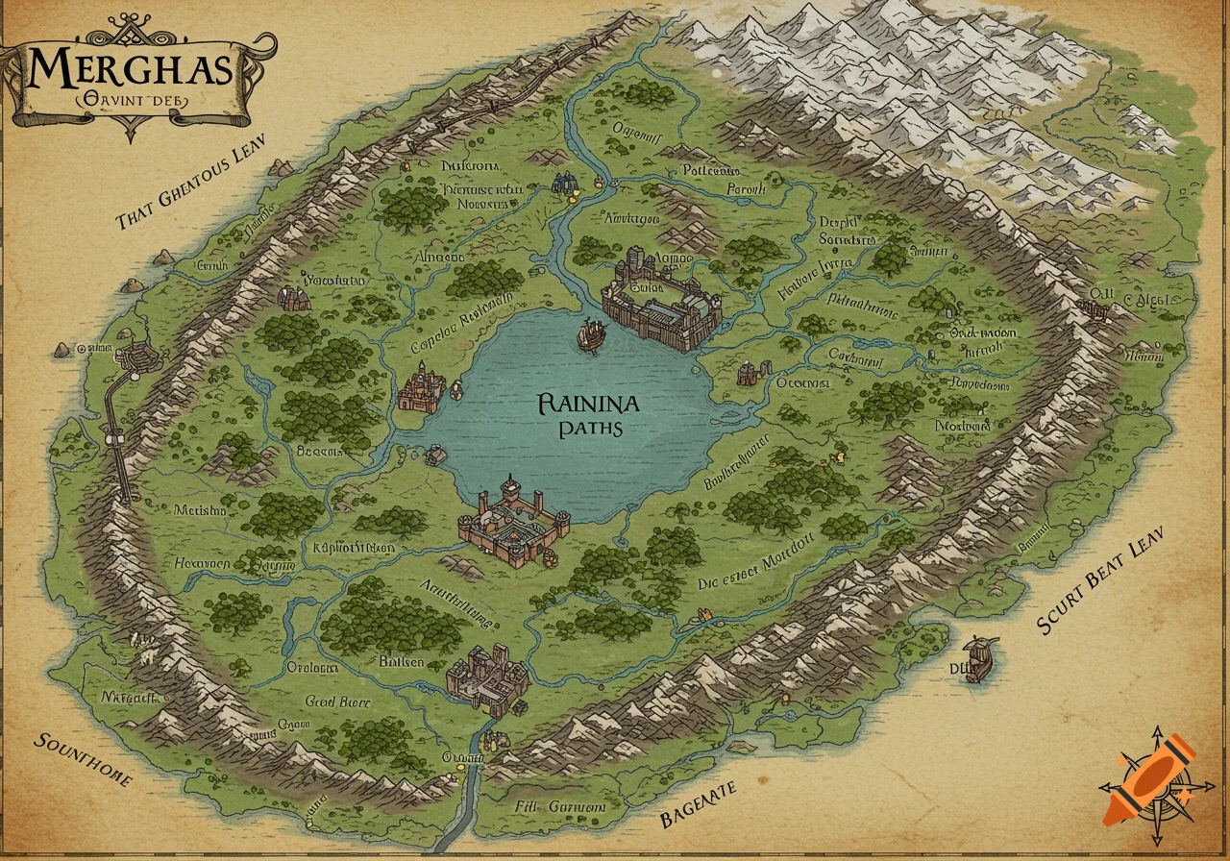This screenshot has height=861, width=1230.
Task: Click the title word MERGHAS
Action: (x=130, y=69)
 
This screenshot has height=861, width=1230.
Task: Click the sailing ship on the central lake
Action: (x=592, y=333)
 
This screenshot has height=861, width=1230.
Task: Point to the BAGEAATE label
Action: (x=699, y=803)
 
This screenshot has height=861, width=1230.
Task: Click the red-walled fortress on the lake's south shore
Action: (x=507, y=519)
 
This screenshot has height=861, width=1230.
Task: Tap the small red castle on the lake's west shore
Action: (x=421, y=388)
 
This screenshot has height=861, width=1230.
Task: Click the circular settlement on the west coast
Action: (x=135, y=357)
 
